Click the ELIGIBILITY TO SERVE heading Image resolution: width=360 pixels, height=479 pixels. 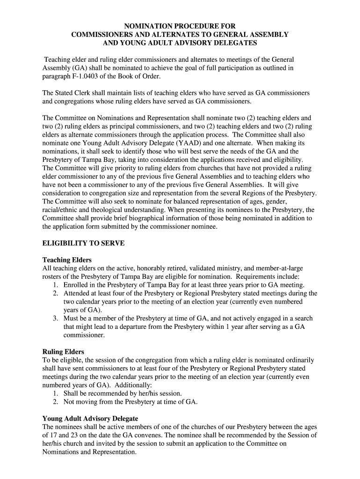click(83, 243)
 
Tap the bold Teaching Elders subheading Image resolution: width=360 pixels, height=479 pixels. click(67, 260)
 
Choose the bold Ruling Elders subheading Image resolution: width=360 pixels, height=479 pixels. click(63, 351)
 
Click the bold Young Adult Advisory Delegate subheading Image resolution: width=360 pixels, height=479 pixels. click(90, 418)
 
